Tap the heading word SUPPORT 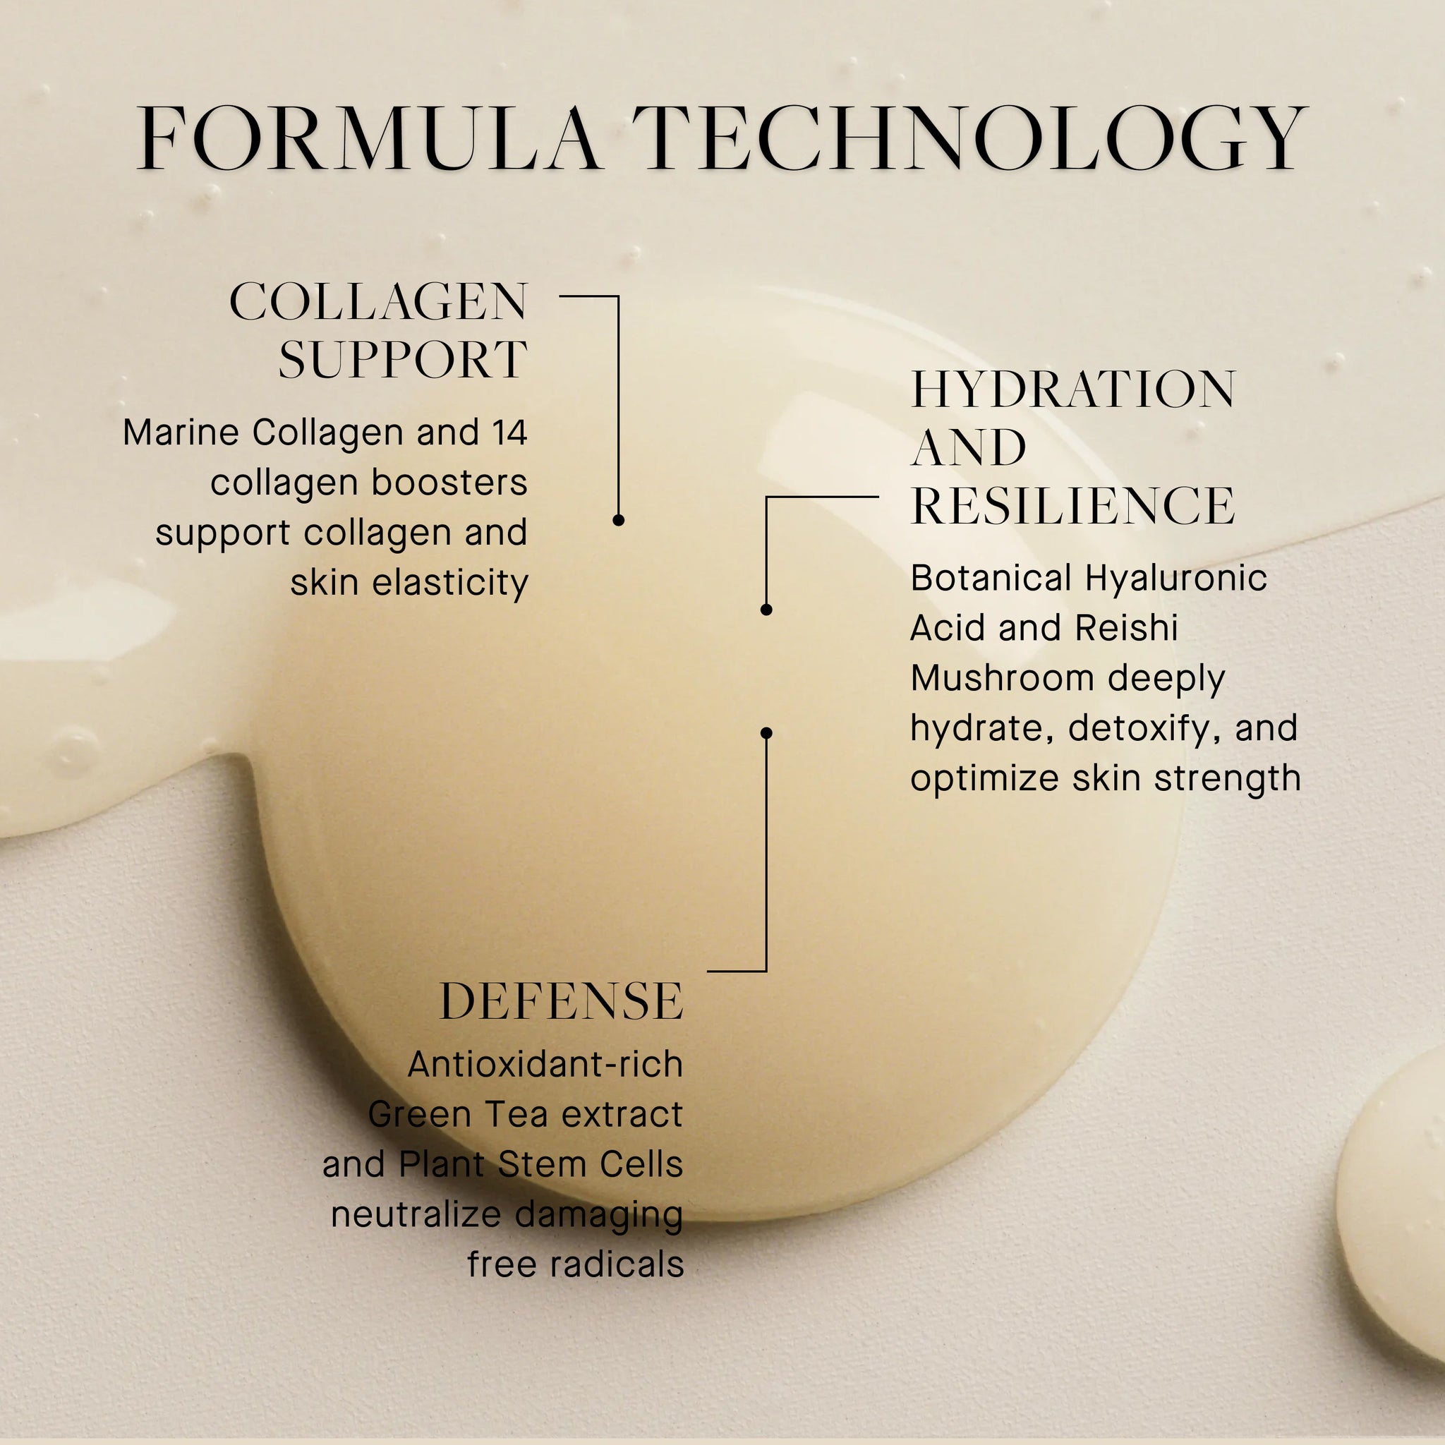coord(403,360)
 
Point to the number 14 coord(509,433)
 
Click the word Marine coord(181,433)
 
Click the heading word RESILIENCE coord(1073,506)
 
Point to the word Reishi coord(1126,628)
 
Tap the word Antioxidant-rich coord(545,1064)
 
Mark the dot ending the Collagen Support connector coord(619,520)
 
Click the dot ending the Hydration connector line coord(766,610)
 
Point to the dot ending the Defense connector coord(766,733)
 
